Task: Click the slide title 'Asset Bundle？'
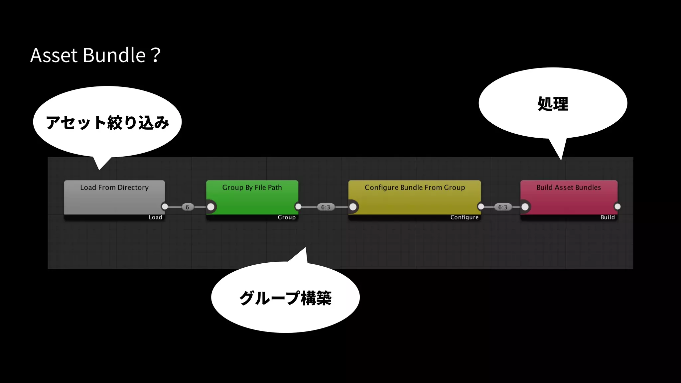[x=95, y=55]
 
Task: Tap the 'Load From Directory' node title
[x=114, y=188]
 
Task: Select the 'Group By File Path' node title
[x=252, y=188]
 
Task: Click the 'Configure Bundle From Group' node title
[x=415, y=188]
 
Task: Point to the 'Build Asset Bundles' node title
[x=569, y=188]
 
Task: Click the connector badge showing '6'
[x=187, y=207]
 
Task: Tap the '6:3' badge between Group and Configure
[x=326, y=207]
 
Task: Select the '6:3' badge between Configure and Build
[x=502, y=207]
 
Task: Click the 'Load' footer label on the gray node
[x=155, y=217]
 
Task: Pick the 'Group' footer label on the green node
[x=287, y=217]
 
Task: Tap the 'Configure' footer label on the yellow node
[x=464, y=217]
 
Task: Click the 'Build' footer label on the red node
[x=608, y=217]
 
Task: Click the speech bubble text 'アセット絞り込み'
[x=107, y=122]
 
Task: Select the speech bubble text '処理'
[x=553, y=104]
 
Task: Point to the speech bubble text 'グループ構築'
[x=285, y=298]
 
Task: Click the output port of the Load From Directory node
[x=165, y=207]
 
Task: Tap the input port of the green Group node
[x=211, y=207]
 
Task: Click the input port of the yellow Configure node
[x=353, y=207]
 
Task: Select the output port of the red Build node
[x=617, y=207]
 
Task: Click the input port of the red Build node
[x=525, y=207]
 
